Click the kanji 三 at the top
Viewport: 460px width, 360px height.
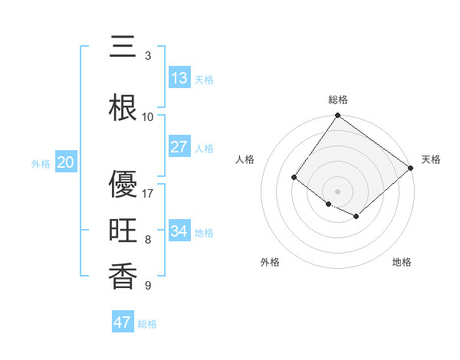point(123,47)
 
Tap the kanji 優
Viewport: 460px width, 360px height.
point(123,185)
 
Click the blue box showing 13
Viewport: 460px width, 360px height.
point(179,78)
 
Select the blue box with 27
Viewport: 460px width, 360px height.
point(179,147)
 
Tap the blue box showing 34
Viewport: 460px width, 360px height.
point(179,231)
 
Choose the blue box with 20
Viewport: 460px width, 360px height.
point(66,162)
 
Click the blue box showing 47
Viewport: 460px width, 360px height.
point(123,322)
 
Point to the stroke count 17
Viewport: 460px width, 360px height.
point(149,194)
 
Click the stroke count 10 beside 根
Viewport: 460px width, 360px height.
point(149,117)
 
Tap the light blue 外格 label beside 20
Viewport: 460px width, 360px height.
point(41,163)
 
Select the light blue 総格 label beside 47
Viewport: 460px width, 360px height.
point(147,324)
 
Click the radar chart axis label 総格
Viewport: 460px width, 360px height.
point(337,100)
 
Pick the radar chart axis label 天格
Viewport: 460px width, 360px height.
point(431,159)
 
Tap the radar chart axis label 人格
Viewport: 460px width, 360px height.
point(245,159)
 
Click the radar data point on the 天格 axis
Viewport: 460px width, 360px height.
point(411,168)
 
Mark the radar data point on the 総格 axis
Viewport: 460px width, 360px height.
point(337,116)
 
